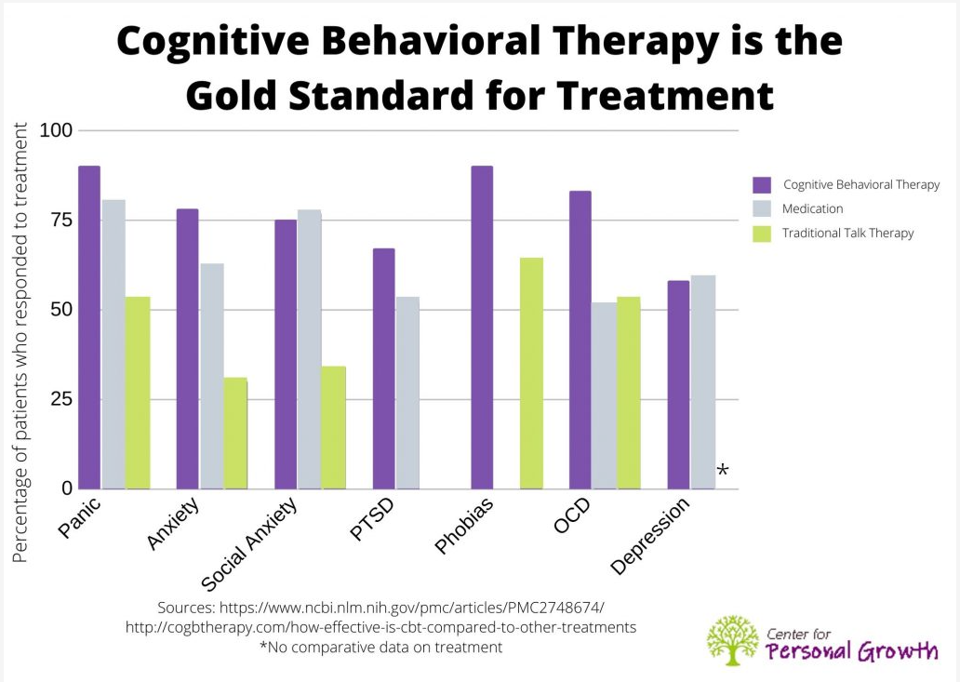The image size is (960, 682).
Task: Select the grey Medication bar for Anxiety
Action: [x=212, y=376]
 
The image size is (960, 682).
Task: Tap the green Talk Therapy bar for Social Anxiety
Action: [x=334, y=427]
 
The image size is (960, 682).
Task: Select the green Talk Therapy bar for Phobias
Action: [x=531, y=373]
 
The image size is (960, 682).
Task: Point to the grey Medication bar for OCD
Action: [x=605, y=395]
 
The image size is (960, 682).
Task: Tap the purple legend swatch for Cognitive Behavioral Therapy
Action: [x=763, y=184]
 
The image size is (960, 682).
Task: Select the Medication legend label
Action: [x=812, y=208]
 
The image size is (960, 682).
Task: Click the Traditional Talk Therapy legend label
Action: [x=847, y=233]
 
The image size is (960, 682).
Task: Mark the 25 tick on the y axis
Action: [x=60, y=399]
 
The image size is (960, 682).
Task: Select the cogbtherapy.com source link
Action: [x=380, y=627]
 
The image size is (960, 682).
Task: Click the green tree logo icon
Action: [x=732, y=640]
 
